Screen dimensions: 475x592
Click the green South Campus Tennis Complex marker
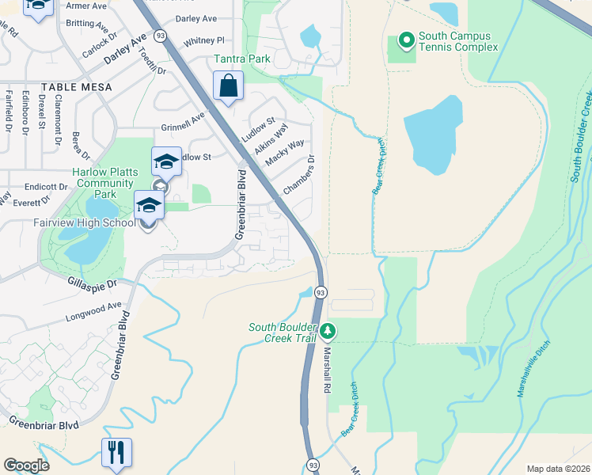coord(407,39)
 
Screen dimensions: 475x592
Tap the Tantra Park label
coord(242,59)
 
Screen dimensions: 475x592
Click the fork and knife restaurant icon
coord(116,453)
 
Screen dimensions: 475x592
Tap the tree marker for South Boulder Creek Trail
coord(328,331)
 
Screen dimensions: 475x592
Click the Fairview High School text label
coord(85,223)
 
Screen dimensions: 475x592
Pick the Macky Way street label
coord(284,153)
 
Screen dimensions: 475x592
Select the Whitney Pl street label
coord(203,40)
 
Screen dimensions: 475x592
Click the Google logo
coord(27,465)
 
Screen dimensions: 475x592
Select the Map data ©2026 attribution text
coord(556,469)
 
